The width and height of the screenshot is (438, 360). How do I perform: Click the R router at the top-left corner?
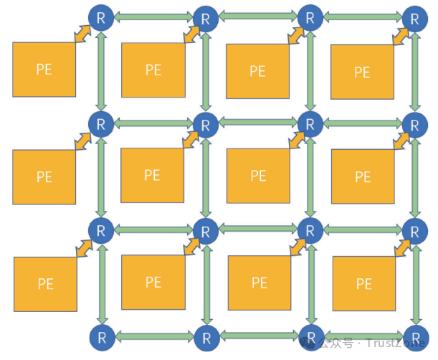click(x=100, y=17)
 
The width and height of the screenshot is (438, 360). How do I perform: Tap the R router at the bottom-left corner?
click(x=100, y=336)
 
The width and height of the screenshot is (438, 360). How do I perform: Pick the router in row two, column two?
click(x=206, y=125)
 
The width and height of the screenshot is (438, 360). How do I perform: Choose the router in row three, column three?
click(x=310, y=231)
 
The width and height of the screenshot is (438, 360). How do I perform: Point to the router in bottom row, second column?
click(x=206, y=336)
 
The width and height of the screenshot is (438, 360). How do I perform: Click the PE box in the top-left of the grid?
click(x=44, y=70)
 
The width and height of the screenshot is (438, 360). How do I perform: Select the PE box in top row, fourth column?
click(x=362, y=72)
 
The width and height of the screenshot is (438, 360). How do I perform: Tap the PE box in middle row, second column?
click(x=152, y=175)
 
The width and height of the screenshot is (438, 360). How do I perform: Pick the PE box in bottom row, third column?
click(x=258, y=282)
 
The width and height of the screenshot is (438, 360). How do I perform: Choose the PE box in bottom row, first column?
click(x=45, y=284)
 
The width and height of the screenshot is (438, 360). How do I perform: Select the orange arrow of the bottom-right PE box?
click(x=403, y=247)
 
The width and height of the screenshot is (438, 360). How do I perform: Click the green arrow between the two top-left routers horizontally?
click(x=153, y=16)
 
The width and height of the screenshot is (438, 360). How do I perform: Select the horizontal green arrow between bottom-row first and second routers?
click(x=153, y=336)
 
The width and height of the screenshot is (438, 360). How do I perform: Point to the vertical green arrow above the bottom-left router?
click(x=101, y=283)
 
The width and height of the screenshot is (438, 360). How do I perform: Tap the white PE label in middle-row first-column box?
click(x=44, y=176)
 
